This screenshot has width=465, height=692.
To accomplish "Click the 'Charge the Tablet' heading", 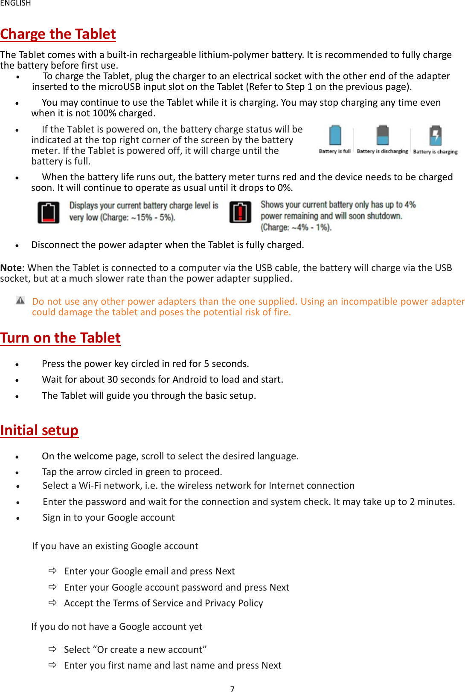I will [58, 34].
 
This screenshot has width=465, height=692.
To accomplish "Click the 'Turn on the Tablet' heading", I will [60, 338].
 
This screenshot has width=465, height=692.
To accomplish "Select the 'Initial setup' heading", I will [39, 430].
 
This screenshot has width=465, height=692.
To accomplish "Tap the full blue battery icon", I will [335, 136].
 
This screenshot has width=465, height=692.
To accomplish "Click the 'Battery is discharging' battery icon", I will [383, 136].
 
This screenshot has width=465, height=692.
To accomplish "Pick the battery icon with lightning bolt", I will [435, 136].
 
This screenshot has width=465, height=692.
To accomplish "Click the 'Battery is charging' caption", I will [435, 152].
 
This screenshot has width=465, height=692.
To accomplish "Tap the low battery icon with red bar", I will [48, 213].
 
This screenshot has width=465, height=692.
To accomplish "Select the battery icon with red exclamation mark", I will [240, 212].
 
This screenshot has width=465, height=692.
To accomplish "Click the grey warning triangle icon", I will [20, 300].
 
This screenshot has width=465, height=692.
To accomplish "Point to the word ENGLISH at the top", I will [15, 3].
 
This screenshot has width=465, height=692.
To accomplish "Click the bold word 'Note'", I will [11, 268].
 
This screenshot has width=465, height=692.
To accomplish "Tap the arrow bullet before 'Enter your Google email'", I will [52, 571].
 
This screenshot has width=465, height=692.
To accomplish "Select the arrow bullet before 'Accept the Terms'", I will [52, 603].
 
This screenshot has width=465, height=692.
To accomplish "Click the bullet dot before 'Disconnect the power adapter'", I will [17, 246].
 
